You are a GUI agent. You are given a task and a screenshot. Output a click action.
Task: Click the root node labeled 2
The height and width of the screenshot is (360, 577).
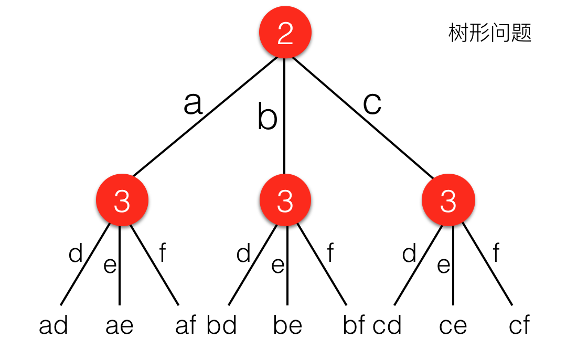pyautogui.click(x=285, y=33)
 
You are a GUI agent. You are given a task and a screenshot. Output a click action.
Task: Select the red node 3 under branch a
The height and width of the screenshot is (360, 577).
pyautogui.click(x=122, y=201)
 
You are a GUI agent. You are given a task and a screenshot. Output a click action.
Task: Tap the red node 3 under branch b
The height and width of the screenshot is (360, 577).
pyautogui.click(x=285, y=201)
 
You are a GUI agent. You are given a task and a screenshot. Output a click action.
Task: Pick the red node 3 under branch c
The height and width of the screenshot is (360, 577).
pyautogui.click(x=448, y=201)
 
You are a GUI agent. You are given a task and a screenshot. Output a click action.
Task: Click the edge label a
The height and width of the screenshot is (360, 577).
pyautogui.click(x=193, y=103)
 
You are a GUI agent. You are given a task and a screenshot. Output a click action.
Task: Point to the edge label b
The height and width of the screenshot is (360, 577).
pyautogui.click(x=267, y=117)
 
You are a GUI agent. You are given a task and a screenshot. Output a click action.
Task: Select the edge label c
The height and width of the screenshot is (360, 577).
pyautogui.click(x=372, y=103)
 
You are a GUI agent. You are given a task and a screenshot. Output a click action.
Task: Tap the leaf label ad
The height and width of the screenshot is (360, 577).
pyautogui.click(x=54, y=326)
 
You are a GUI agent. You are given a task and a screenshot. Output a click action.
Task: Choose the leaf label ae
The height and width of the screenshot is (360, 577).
pyautogui.click(x=120, y=326)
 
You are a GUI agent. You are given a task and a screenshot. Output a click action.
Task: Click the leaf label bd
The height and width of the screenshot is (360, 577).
pyautogui.click(x=222, y=326)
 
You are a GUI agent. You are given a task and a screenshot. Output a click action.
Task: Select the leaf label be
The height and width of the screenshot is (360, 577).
pyautogui.click(x=287, y=326)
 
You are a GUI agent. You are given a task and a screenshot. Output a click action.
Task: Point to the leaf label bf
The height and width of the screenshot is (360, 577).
pyautogui.click(x=354, y=326)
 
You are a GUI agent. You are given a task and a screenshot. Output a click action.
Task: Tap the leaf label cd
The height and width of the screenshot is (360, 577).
pyautogui.click(x=387, y=326)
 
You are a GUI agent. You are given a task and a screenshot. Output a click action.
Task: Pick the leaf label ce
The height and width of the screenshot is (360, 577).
pyautogui.click(x=453, y=326)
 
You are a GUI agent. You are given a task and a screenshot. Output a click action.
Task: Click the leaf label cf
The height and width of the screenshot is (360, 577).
pyautogui.click(x=519, y=326)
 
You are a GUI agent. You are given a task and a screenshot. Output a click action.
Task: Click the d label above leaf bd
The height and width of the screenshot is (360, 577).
pyautogui.click(x=244, y=255)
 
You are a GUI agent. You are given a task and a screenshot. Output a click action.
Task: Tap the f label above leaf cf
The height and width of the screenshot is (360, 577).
pyautogui.click(x=496, y=255)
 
